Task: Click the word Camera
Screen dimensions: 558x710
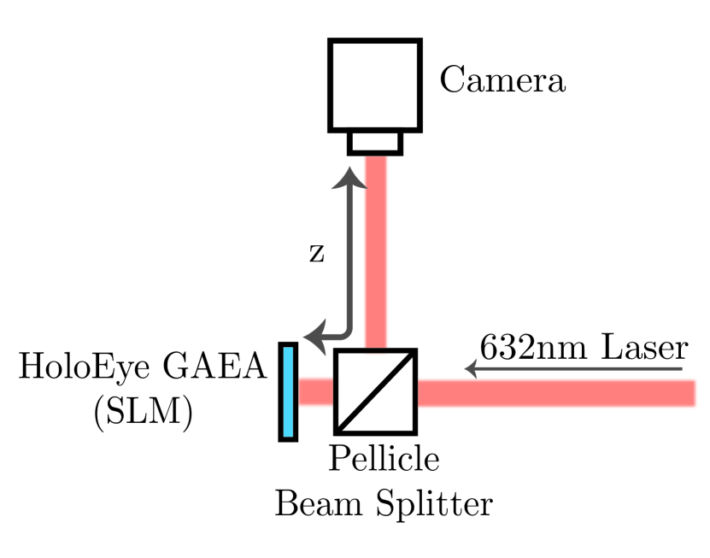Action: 502,82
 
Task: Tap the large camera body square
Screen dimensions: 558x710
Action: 375,85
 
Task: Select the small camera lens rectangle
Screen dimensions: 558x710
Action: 375,142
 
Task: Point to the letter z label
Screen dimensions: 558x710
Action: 316,254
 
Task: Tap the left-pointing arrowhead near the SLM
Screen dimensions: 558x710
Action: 315,335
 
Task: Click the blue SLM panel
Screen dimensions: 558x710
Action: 288,391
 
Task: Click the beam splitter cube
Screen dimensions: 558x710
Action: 375,391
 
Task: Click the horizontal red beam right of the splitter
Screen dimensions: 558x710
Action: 555,392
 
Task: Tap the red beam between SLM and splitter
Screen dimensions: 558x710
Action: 315,391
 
